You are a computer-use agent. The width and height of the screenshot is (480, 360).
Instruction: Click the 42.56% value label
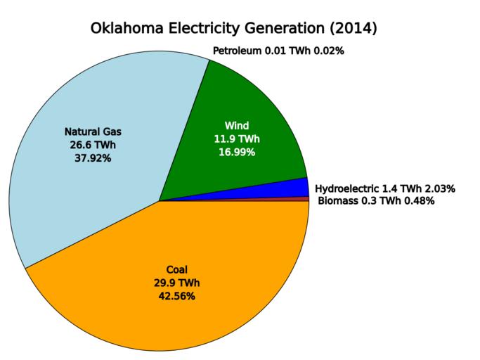[x=177, y=296]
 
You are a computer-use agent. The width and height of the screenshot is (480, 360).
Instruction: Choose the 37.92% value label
[x=93, y=158]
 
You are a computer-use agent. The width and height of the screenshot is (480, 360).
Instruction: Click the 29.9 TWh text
[x=177, y=283]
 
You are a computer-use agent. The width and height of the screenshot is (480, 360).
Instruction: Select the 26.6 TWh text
[x=93, y=145]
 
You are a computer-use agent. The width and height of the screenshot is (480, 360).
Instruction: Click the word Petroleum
[x=237, y=51]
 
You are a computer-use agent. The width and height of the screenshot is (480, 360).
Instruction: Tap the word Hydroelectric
[x=347, y=188]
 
